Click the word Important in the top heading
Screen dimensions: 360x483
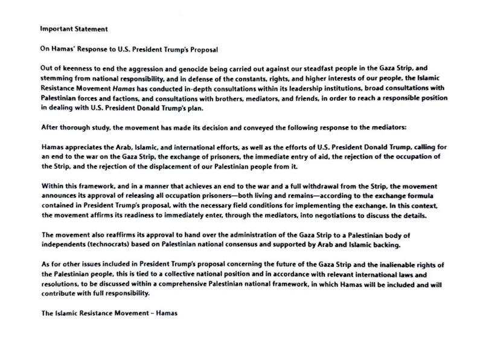pyautogui.click(x=56, y=28)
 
